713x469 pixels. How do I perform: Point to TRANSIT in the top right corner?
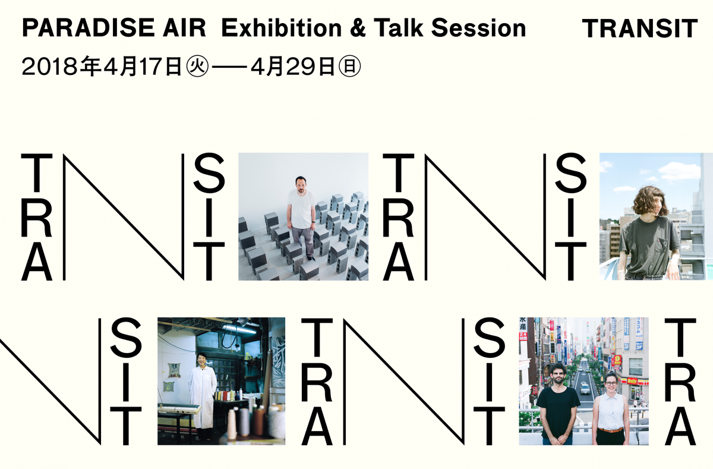639,29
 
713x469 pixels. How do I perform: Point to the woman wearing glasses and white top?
610,410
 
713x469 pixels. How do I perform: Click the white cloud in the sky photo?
677,172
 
